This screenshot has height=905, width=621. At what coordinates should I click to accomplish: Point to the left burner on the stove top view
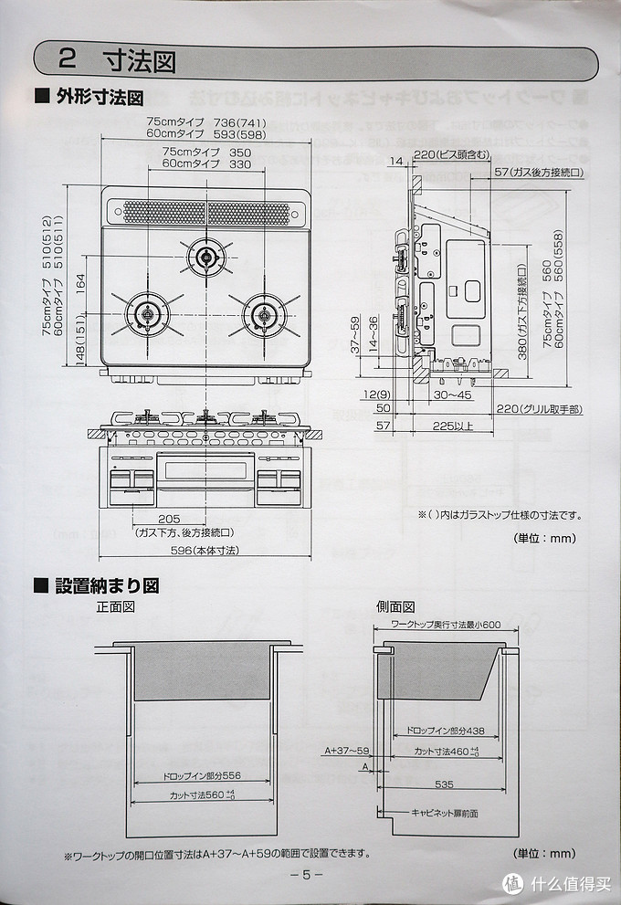click(145, 313)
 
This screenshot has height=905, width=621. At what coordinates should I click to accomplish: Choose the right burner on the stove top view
click(264, 313)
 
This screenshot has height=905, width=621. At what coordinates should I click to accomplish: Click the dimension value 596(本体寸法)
click(205, 551)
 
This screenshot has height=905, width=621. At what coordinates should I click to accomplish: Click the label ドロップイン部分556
click(201, 775)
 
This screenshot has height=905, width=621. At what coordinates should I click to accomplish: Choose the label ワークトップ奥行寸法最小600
click(446, 625)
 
